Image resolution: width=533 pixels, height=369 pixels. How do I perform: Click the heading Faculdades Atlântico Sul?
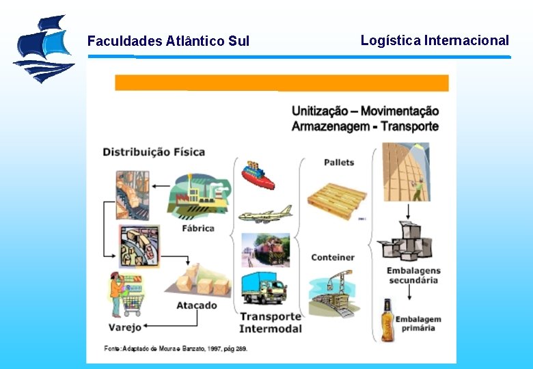168,41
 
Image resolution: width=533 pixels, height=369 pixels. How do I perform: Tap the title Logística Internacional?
435,40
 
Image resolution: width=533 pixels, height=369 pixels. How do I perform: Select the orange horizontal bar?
282,83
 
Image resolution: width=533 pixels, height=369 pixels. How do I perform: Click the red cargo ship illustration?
258,176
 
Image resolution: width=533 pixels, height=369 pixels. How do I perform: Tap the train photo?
265,249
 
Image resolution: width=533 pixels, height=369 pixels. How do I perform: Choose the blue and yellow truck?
264,288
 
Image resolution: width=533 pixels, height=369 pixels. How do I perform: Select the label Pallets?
339,162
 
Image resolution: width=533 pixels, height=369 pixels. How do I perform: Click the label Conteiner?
333,257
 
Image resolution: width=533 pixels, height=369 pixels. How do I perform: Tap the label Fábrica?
198,228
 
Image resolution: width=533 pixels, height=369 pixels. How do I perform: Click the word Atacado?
197,305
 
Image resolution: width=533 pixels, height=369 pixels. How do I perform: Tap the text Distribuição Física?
154,152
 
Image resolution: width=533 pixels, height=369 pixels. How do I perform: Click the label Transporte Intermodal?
271,323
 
